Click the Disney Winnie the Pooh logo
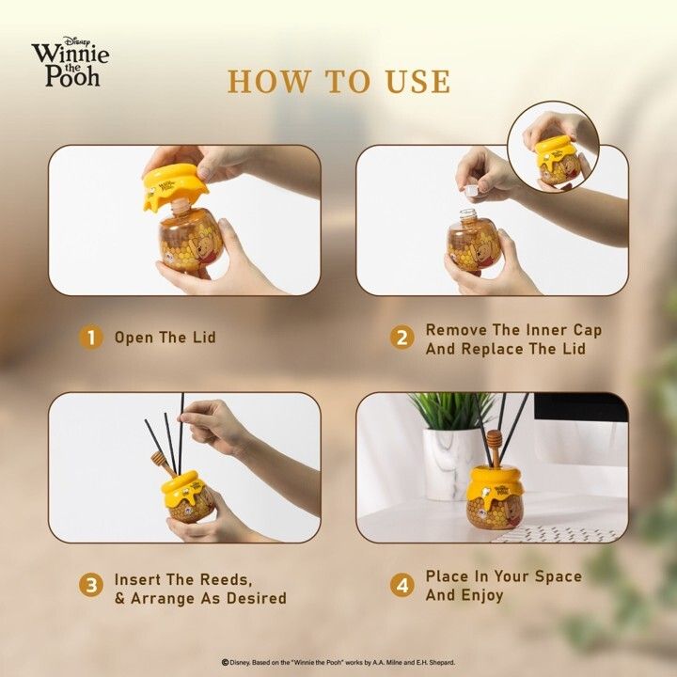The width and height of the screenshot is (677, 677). [x=70, y=61]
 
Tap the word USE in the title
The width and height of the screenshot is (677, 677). [x=417, y=81]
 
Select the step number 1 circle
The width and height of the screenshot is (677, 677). [x=91, y=338]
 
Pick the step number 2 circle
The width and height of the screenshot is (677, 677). [x=402, y=338]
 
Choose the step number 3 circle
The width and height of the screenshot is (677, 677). [x=91, y=586]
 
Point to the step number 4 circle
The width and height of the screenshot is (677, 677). [x=402, y=586]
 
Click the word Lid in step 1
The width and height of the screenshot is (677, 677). [x=204, y=338]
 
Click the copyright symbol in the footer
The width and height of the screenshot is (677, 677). [x=225, y=662]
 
